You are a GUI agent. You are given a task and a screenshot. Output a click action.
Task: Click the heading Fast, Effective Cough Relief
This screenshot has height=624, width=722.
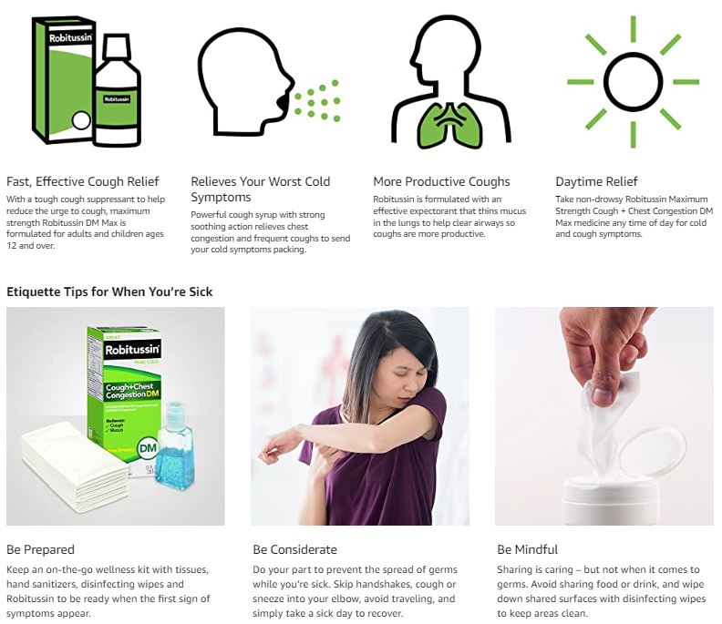[x=83, y=181]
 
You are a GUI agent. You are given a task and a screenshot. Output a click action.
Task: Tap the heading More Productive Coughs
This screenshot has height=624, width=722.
[x=441, y=181]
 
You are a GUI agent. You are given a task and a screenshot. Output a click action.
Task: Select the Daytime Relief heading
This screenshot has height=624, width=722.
[x=596, y=181]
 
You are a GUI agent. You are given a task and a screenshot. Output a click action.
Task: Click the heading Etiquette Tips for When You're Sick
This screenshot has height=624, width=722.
[x=109, y=292]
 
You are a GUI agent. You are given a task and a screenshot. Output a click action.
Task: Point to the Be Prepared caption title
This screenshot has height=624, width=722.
[x=40, y=549]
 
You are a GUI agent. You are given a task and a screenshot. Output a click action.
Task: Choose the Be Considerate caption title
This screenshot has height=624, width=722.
[x=294, y=549]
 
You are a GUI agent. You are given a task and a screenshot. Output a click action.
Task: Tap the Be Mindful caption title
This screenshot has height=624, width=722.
[x=527, y=549]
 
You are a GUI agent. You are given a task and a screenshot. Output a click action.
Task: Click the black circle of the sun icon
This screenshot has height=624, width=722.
[x=634, y=82]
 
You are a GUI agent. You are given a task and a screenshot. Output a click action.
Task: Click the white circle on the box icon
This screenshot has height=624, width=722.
[x=81, y=121]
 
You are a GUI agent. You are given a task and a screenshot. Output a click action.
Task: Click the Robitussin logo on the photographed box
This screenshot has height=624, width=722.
[x=132, y=350]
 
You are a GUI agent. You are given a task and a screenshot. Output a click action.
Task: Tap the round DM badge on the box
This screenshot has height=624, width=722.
[x=148, y=448]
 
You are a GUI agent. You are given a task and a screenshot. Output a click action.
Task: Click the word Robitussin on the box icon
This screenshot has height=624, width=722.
[x=70, y=37]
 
